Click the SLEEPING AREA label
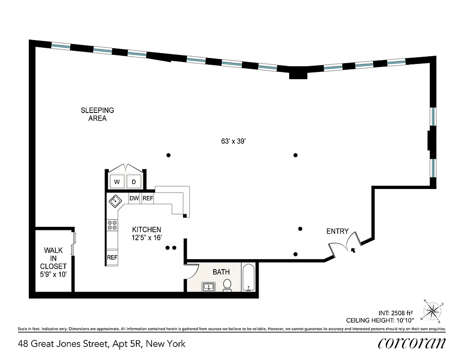pyautogui.click(x=97, y=114)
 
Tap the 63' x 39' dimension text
pyautogui.click(x=233, y=141)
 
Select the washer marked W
pyautogui.click(x=117, y=182)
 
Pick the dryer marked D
pyautogui.click(x=134, y=182)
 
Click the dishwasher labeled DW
pyautogui.click(x=134, y=198)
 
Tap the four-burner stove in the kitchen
pyautogui.click(x=112, y=225)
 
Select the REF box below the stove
pyautogui.click(x=112, y=258)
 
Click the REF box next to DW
pyautogui.click(x=148, y=198)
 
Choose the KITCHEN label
pyautogui.click(x=147, y=233)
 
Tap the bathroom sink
pyautogui.click(x=209, y=286)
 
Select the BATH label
pyautogui.click(x=221, y=272)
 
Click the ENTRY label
pyautogui.click(x=337, y=231)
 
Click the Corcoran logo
pyautogui.click(x=412, y=343)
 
